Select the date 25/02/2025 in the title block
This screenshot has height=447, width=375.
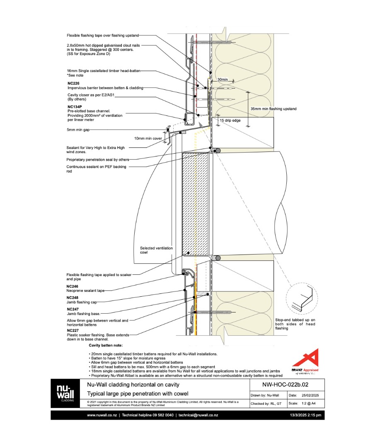pyautogui.click(x=309, y=396)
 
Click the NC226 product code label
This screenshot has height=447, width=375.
pyautogui.click(x=73, y=83)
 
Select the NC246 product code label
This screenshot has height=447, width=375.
pyautogui.click(x=72, y=286)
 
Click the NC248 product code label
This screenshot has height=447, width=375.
pyautogui.click(x=72, y=297)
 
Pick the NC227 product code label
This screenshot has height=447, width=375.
pyautogui.click(x=72, y=330)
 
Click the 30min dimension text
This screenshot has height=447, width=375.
pyautogui.click(x=223, y=79)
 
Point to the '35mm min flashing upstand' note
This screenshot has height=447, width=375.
pyautogui.click(x=273, y=109)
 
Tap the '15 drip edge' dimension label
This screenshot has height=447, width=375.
pyautogui.click(x=230, y=120)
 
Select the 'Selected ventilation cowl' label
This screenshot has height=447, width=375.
pyautogui.click(x=156, y=250)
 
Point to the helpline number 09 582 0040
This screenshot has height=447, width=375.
pyautogui.click(x=160, y=415)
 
